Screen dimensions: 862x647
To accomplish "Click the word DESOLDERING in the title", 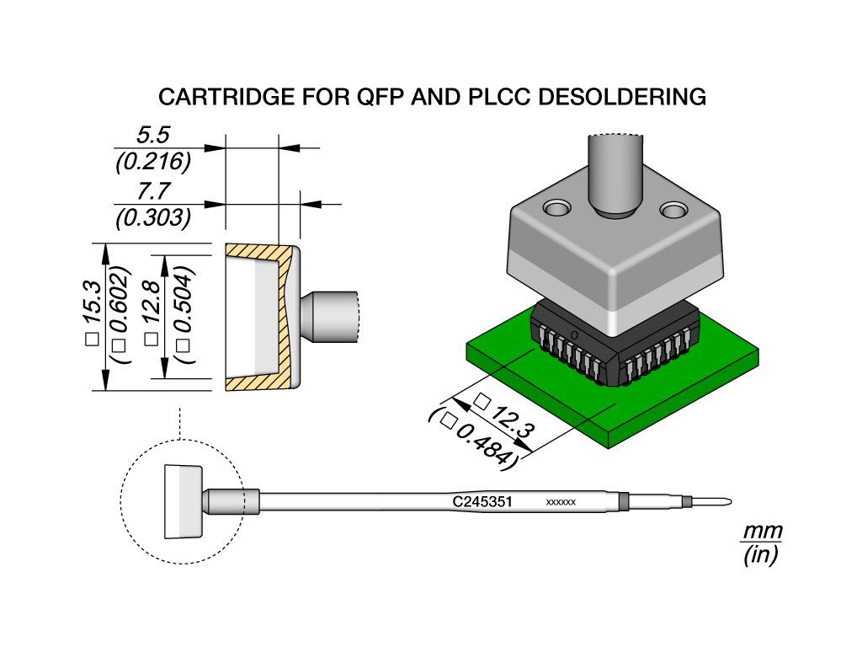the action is coord(622,97).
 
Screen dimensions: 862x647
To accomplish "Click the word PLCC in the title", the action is coord(498,97).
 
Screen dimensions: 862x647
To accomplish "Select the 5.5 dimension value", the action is coord(153,135).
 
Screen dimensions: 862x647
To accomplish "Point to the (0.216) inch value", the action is coord(153,162).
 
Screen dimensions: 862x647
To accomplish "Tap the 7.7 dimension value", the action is coord(153,191).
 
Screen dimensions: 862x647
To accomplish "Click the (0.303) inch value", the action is coord(153,218).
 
